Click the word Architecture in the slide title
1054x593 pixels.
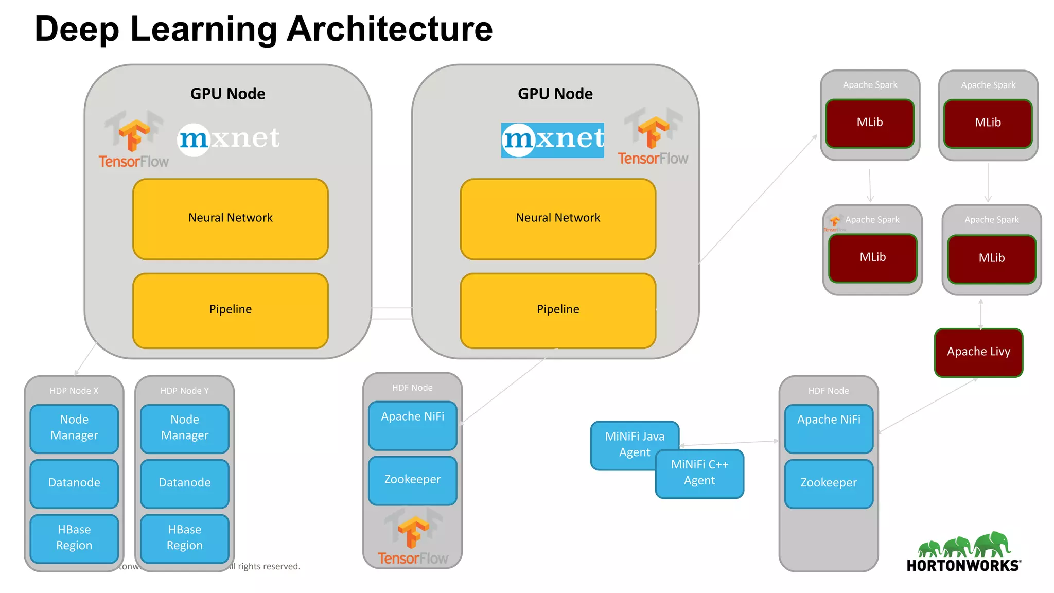point(389,29)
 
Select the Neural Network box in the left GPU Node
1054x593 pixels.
point(230,219)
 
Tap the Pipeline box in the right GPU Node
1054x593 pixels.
point(558,310)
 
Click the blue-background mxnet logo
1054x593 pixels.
point(552,140)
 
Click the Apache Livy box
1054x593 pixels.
point(978,353)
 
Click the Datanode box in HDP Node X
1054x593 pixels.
point(74,483)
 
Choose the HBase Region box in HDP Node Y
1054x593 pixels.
point(185,538)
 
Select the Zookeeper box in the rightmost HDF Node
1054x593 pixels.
point(829,483)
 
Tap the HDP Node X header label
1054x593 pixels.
point(74,391)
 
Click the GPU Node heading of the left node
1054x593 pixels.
point(227,94)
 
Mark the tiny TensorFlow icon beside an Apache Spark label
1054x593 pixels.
point(834,223)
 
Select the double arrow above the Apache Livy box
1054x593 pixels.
point(980,313)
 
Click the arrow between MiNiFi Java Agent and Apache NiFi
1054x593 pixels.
point(729,443)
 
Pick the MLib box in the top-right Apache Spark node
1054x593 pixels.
point(988,124)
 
